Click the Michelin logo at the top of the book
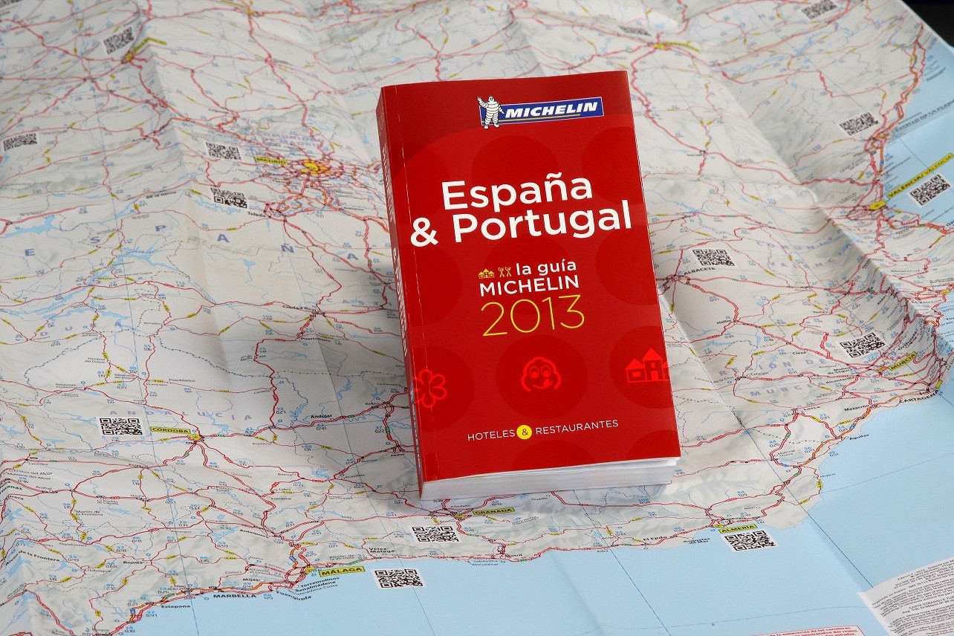(540, 110)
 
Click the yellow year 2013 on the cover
(532, 315)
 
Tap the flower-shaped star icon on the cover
(429, 388)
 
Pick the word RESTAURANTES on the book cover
(577, 427)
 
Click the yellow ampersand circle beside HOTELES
(525, 432)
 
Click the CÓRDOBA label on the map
(170, 429)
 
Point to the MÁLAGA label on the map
(342, 571)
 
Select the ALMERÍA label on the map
(738, 528)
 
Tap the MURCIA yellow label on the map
(902, 362)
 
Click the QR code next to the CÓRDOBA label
(120, 426)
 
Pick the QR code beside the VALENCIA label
(929, 189)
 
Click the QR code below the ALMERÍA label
(749, 540)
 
